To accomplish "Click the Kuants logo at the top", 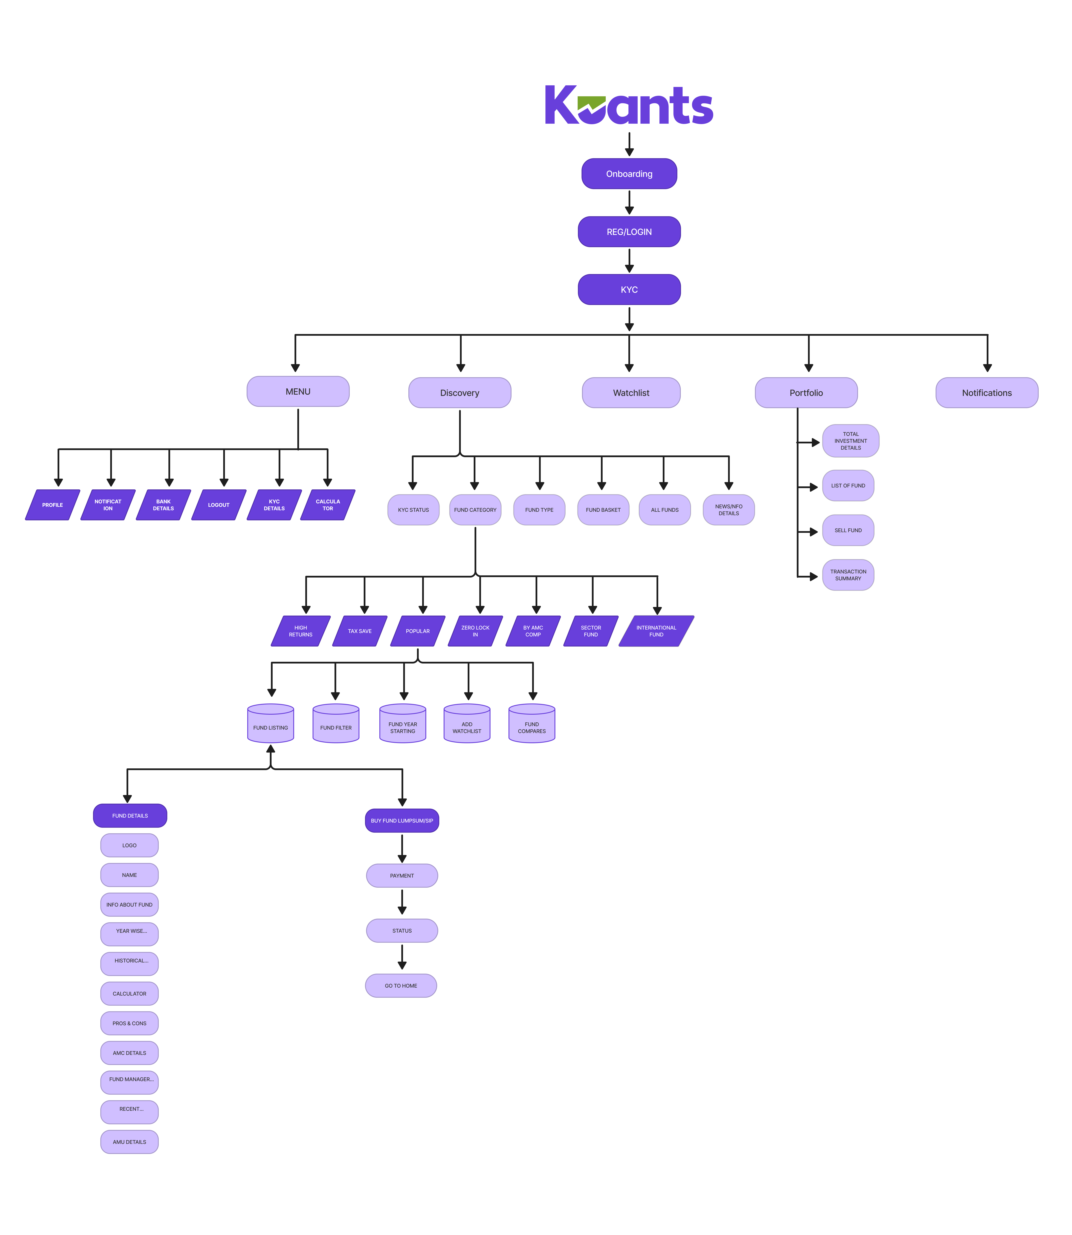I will pyautogui.click(x=629, y=105).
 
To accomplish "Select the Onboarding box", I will pyautogui.click(x=629, y=173).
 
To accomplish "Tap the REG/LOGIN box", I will pyautogui.click(x=629, y=231).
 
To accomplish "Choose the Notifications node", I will pyautogui.click(x=986, y=392).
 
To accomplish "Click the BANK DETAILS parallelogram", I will pyautogui.click(x=163, y=504).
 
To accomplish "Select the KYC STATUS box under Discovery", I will pyautogui.click(x=413, y=510).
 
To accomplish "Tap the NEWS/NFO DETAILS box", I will pyautogui.click(x=729, y=510).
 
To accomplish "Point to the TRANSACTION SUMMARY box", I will pyautogui.click(x=848, y=575).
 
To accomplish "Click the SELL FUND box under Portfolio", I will pyautogui.click(x=848, y=530).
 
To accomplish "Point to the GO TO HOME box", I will pyautogui.click(x=401, y=985).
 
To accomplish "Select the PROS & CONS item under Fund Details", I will pyautogui.click(x=129, y=1023).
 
